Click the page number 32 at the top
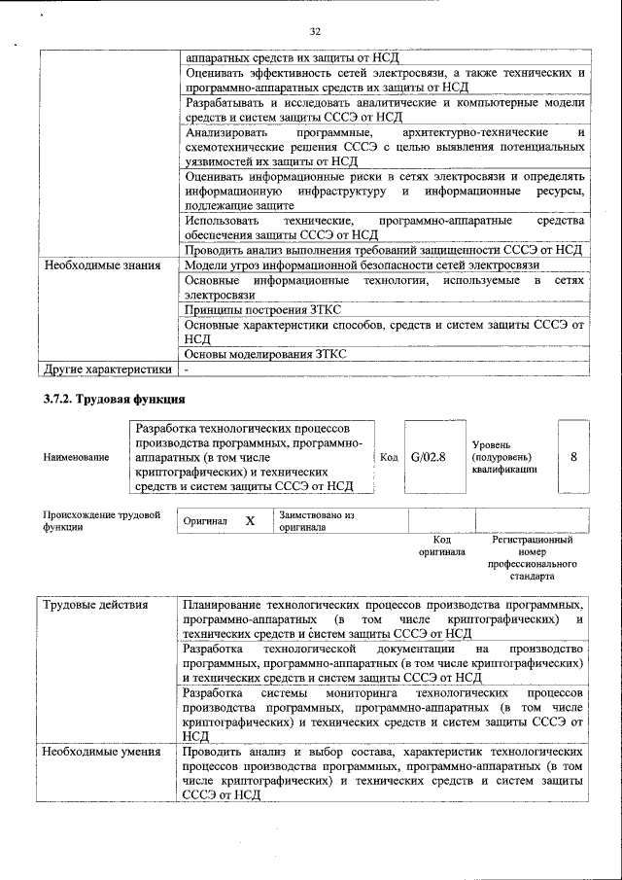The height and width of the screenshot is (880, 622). coord(315,30)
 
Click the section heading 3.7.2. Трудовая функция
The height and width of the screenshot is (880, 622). coord(114,400)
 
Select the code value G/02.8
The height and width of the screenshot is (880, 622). coord(428,456)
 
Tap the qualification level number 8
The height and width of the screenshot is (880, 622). coord(574,456)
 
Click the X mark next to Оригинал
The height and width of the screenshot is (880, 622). coord(250,521)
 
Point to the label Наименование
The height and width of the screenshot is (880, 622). coord(76,457)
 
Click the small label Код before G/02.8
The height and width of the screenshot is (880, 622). coord(389,457)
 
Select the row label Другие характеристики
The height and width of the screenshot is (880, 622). coord(106,370)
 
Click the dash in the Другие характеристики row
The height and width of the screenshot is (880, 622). coord(188,370)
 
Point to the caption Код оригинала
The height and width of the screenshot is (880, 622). coord(441,546)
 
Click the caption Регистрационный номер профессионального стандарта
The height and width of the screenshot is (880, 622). coord(532,557)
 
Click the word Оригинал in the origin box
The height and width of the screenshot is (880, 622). coord(206,521)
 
